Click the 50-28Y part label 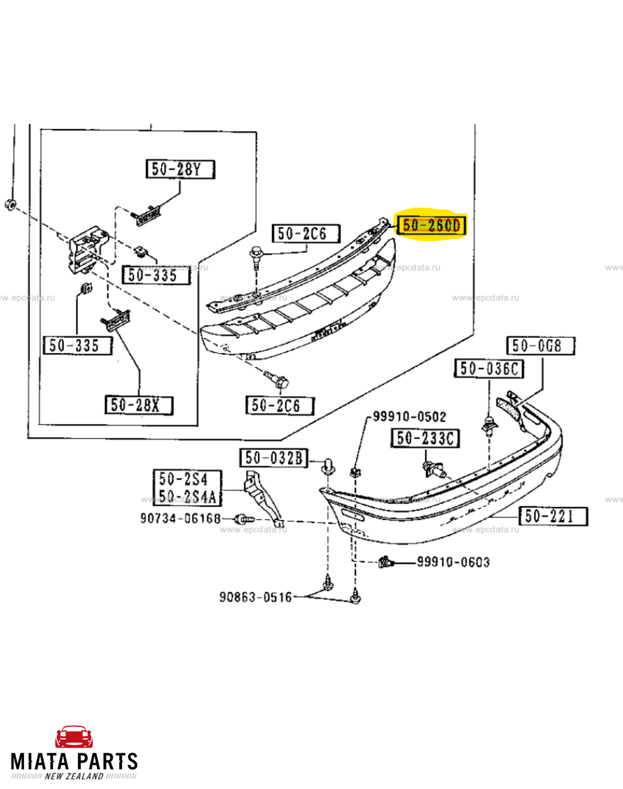click(x=180, y=169)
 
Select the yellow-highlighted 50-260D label click(x=432, y=225)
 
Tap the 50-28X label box click(x=139, y=405)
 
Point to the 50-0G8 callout click(x=540, y=345)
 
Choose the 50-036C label click(x=489, y=368)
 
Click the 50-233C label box click(x=425, y=439)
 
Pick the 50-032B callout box click(x=274, y=458)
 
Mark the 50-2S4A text click(x=187, y=497)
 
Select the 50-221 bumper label click(x=553, y=517)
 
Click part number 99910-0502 click(x=409, y=417)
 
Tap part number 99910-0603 click(x=453, y=562)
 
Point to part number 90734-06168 click(x=180, y=518)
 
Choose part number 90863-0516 click(x=255, y=597)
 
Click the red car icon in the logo click(x=74, y=736)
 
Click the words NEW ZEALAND click(x=74, y=776)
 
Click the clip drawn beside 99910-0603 click(x=385, y=563)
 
